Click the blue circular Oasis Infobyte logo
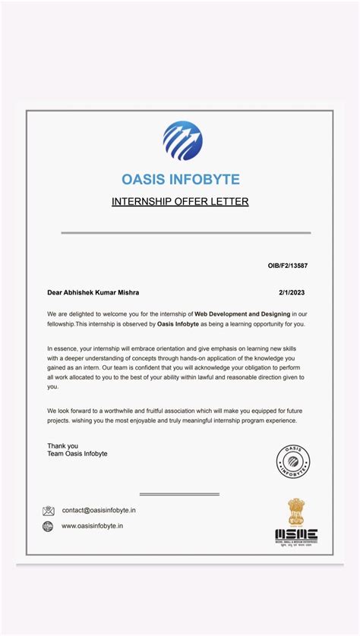(x=182, y=141)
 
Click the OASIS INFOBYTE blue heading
(x=181, y=180)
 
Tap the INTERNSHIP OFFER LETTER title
(x=180, y=202)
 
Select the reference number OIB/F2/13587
(x=287, y=266)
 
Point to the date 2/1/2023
(x=292, y=292)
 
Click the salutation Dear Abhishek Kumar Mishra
(x=93, y=292)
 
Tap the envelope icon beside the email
(x=49, y=511)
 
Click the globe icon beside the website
(x=49, y=526)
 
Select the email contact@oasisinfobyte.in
(x=99, y=511)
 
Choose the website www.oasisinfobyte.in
(x=93, y=526)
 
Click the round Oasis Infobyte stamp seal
(x=292, y=461)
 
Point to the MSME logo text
(x=296, y=534)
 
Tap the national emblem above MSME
(x=295, y=511)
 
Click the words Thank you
(x=62, y=446)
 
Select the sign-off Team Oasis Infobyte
(x=77, y=454)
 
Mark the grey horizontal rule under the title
(x=186, y=232)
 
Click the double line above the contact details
(x=179, y=494)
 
